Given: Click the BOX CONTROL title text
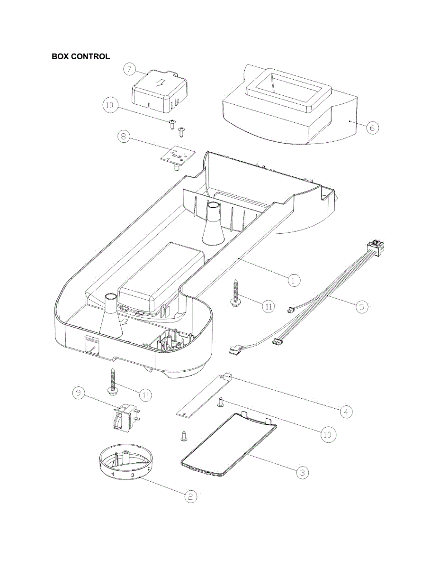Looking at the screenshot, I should pyautogui.click(x=81, y=56).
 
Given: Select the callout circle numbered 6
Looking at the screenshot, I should pyautogui.click(x=373, y=128).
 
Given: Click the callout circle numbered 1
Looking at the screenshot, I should pyautogui.click(x=294, y=280).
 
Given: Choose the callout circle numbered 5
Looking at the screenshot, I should pyautogui.click(x=362, y=306).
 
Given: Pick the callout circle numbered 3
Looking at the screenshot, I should pyautogui.click(x=303, y=472).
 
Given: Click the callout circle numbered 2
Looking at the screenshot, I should pyautogui.click(x=190, y=496).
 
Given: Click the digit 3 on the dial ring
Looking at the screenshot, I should pyautogui.click(x=133, y=475).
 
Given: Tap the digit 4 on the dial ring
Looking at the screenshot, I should pyautogui.click(x=113, y=473).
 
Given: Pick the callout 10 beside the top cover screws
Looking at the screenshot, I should pyautogui.click(x=110, y=105).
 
